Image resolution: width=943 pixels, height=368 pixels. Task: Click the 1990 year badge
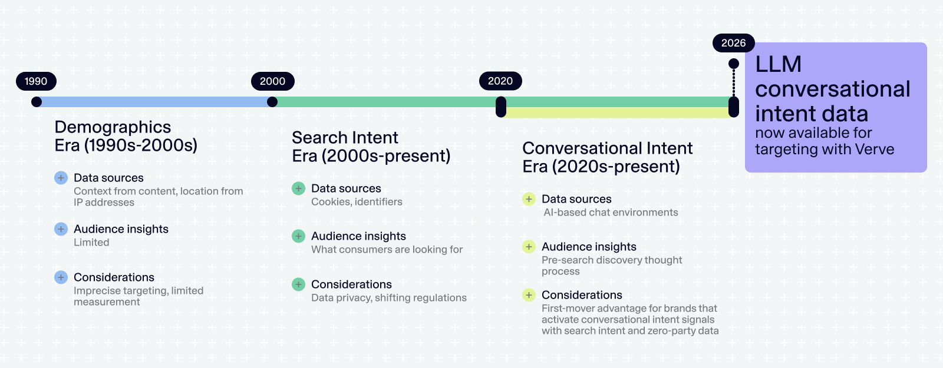pyautogui.click(x=36, y=81)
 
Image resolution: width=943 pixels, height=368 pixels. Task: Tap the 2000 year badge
pyautogui.click(x=272, y=81)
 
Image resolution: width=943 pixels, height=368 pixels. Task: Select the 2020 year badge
pyautogui.click(x=500, y=81)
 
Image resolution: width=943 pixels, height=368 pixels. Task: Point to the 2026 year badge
pyautogui.click(x=733, y=43)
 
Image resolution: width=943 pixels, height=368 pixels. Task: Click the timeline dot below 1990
pyautogui.click(x=37, y=102)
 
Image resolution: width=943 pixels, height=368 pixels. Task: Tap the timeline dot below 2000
pyautogui.click(x=272, y=102)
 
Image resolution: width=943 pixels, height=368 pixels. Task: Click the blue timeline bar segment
pyautogui.click(x=153, y=102)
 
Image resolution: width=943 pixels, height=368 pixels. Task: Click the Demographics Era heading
pyautogui.click(x=126, y=136)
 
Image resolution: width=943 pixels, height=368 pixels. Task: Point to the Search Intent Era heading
pyautogui.click(x=371, y=147)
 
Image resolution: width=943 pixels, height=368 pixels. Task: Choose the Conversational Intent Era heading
pyautogui.click(x=607, y=157)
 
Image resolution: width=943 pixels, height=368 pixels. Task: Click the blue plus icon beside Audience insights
pyautogui.click(x=61, y=229)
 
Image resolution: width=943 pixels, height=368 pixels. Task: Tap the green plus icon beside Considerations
pyautogui.click(x=298, y=284)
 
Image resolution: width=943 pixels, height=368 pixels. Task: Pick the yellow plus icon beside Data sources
pyautogui.click(x=529, y=199)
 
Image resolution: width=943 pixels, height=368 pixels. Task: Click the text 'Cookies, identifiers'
pyautogui.click(x=357, y=202)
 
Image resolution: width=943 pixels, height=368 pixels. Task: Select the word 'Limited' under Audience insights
pyautogui.click(x=91, y=243)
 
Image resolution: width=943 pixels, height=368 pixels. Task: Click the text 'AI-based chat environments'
pyautogui.click(x=611, y=213)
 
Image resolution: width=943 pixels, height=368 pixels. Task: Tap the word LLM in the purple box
pyautogui.click(x=778, y=64)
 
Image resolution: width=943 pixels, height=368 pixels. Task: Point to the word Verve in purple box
pyautogui.click(x=874, y=150)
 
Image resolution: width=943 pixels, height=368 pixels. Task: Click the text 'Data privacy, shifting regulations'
pyautogui.click(x=388, y=298)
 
